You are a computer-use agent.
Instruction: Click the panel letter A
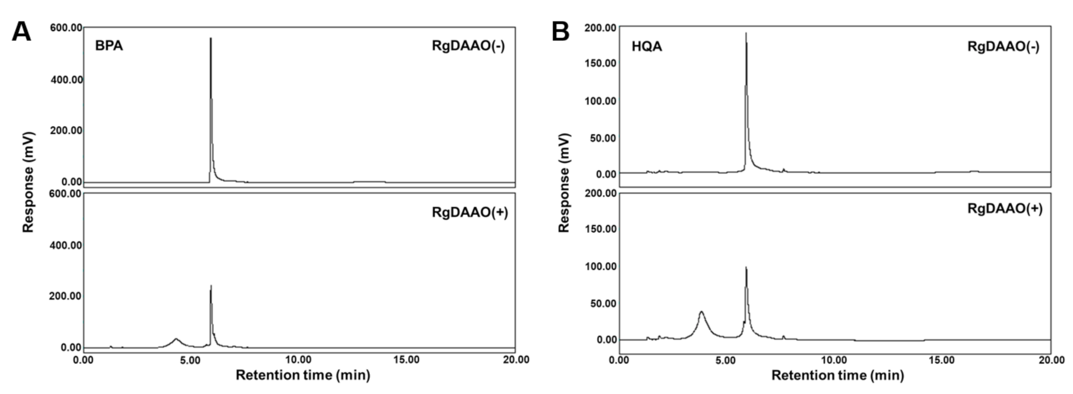point(21,32)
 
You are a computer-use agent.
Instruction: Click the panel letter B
point(560,32)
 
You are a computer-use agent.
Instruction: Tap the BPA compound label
point(109,46)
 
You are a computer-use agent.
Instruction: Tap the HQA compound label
point(647,46)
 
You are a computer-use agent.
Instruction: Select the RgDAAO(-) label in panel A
point(468,46)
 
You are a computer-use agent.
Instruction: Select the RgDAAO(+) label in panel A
point(470,212)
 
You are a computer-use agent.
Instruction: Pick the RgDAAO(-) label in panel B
point(1003,46)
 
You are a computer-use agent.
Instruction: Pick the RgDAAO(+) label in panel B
point(1005,209)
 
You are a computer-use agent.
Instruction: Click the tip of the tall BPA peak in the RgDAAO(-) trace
point(210,39)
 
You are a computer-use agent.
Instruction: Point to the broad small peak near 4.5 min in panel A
point(176,339)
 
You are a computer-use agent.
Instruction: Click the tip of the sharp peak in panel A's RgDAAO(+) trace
point(211,286)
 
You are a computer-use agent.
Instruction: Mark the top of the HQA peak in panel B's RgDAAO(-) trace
point(746,33)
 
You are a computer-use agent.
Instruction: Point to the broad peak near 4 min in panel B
point(701,312)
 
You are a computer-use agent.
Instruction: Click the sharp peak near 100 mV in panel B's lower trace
point(746,267)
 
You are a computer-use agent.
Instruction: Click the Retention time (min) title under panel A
point(302,375)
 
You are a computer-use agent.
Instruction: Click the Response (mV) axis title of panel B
point(564,182)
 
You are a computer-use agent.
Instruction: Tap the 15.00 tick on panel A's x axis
point(407,360)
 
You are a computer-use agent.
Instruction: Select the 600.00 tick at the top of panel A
point(66,27)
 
